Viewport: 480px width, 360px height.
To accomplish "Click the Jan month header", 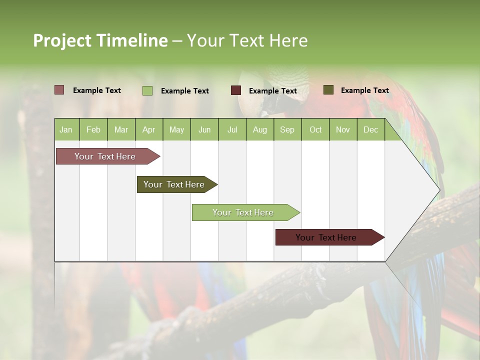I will coord(66,129).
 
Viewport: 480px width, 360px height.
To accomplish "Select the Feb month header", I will coord(93,129).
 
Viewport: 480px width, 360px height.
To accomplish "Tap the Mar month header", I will coord(121,129).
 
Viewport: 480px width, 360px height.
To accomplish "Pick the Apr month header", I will coord(149,129).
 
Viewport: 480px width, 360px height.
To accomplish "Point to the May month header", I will coord(176,129).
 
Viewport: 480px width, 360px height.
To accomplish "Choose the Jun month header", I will coord(204,129).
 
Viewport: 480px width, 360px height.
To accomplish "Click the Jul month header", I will coord(232,129).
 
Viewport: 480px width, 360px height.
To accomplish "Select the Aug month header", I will coord(260,129).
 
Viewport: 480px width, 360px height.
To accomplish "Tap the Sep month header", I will coord(287,129).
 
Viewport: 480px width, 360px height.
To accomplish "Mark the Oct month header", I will coord(315,129).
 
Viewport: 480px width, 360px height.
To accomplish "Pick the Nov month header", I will coord(343,129).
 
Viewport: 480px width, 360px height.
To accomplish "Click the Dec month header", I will coord(371,129).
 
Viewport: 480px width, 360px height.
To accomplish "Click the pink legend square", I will coord(59,90).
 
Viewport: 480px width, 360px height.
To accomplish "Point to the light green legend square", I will coord(147,90).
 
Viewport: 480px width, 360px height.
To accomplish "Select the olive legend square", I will coord(328,90).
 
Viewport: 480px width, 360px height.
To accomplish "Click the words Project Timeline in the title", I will coord(100,40).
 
